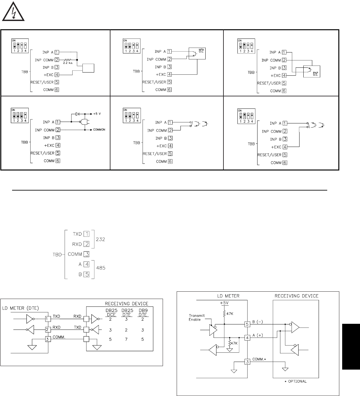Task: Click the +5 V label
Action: (x=98, y=114)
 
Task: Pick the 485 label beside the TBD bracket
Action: (x=100, y=268)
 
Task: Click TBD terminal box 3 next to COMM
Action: (x=86, y=254)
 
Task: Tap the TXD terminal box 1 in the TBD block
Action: (x=87, y=234)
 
